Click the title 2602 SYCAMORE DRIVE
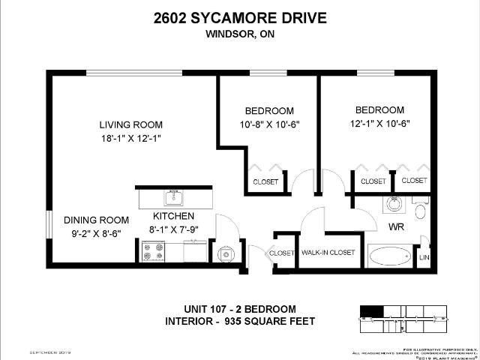[240, 18]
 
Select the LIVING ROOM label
[131, 124]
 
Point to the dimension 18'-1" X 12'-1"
[131, 139]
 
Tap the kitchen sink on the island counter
[175, 198]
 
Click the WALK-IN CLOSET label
[327, 253]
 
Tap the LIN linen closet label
[424, 257]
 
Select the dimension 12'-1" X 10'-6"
[379, 124]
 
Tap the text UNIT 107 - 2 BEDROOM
[240, 309]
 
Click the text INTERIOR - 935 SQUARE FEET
[240, 322]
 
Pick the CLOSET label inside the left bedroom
[265, 181]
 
